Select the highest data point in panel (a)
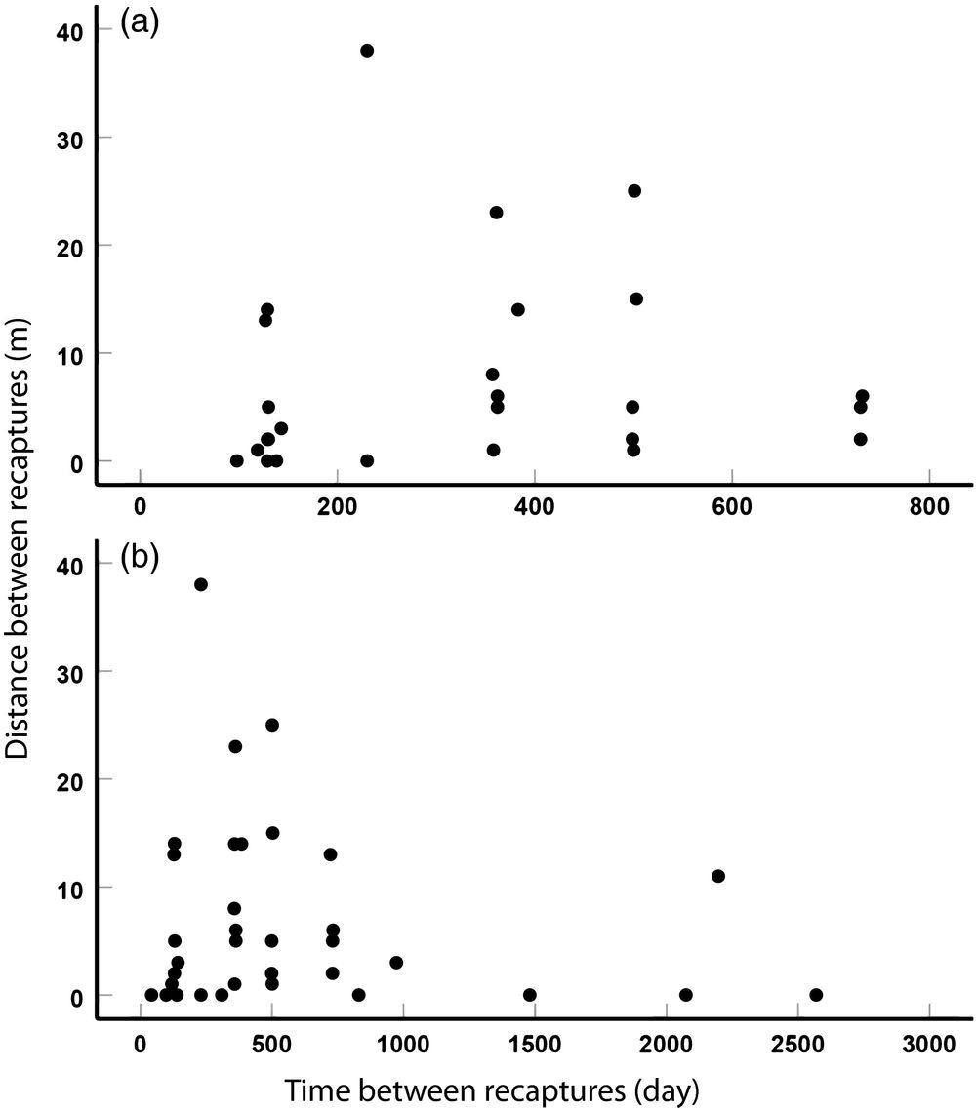[367, 51]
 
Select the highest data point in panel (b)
[201, 584]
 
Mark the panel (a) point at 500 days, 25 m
[634, 191]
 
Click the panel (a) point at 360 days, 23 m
[496, 213]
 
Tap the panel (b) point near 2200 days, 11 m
[718, 876]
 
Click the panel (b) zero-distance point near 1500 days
[530, 995]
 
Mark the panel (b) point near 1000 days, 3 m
[396, 963]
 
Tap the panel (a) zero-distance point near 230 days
[367, 460]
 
